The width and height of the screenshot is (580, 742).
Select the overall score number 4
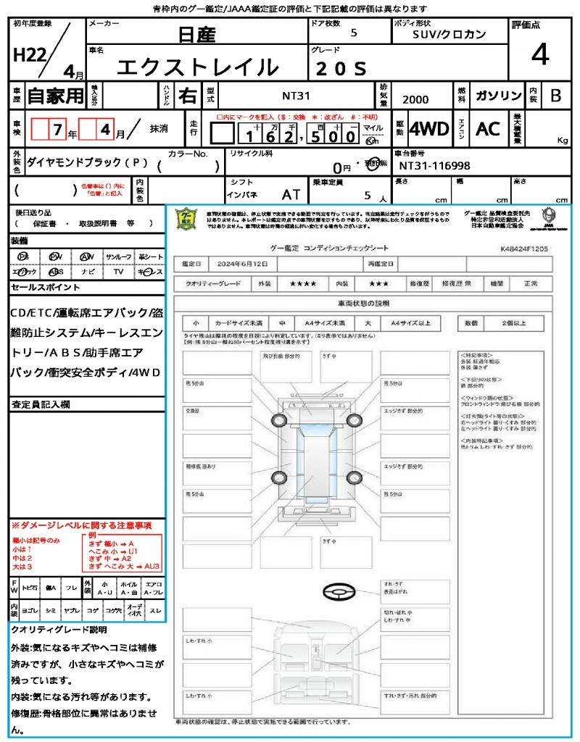[x=539, y=55]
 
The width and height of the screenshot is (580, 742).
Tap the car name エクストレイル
[x=198, y=67]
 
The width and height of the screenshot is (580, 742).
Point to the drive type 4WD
[x=429, y=129]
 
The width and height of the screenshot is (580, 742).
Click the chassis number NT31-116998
[x=434, y=166]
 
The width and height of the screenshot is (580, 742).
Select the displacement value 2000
[x=415, y=100]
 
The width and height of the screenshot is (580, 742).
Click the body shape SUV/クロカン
[x=449, y=34]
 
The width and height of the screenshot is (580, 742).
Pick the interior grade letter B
[x=555, y=96]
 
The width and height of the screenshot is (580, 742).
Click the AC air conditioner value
[x=488, y=129]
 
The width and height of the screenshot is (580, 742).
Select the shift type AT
[x=291, y=194]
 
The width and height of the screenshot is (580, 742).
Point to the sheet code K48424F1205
[x=524, y=248]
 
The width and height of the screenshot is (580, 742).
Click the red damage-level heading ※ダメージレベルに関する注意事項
[x=81, y=525]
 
